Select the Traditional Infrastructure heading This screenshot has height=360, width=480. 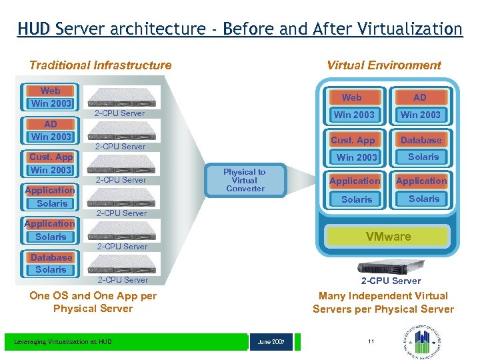pos(100,65)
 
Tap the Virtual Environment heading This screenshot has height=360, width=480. pos(384,65)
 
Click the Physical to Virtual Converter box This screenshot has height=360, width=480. pos(245,180)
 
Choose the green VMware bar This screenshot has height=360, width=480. pos(388,237)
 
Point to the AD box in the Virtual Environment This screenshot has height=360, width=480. pos(420,97)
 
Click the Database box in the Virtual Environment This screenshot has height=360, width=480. pos(421,140)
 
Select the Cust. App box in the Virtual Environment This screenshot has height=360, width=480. pos(353,140)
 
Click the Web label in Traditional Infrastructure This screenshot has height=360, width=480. pos(50,91)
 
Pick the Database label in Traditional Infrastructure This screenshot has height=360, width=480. pos(51,257)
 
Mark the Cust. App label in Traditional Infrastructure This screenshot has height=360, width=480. pos(51,157)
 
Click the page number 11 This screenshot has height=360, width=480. pos(371,342)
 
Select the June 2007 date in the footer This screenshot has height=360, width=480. pos(271,342)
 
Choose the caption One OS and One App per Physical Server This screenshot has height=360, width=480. pos(93,302)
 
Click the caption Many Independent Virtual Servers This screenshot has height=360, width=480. pos(383,302)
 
